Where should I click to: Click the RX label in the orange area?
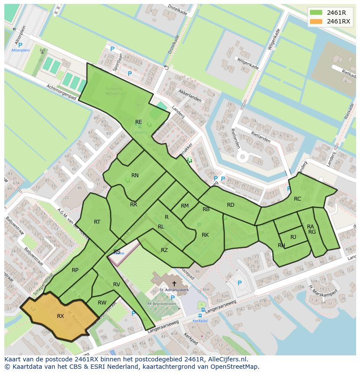coord(60,316)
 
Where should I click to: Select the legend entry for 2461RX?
coord(339,21)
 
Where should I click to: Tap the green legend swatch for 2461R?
coord(316,12)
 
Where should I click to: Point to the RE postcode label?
coord(138,122)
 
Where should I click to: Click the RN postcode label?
coord(135,175)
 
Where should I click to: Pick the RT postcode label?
coord(97,222)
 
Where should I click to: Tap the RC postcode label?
coord(297,199)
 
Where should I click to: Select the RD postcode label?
coord(230,205)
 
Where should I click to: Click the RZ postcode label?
coord(164,250)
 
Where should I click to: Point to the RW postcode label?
coord(102,303)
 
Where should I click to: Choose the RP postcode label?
coord(75,270)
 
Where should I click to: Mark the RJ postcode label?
coord(293,237)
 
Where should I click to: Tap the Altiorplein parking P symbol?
coord(20,45)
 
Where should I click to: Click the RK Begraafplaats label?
coord(162,304)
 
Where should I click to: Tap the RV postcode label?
coord(117,285)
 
